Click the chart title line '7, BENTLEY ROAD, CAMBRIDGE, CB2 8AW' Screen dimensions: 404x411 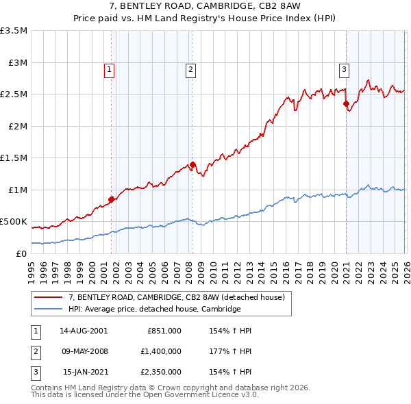(205, 7)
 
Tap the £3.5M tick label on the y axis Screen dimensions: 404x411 (14, 31)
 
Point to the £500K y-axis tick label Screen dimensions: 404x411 (14, 222)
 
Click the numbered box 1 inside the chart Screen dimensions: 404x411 (110, 68)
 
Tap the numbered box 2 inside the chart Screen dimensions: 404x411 (190, 68)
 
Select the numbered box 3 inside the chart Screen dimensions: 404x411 (344, 68)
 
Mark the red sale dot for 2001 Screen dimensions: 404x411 (111, 199)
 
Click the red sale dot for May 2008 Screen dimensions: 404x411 (192, 164)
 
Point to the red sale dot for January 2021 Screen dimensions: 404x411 (346, 103)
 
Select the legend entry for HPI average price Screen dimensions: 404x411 (154, 309)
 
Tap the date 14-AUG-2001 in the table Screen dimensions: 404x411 (84, 331)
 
